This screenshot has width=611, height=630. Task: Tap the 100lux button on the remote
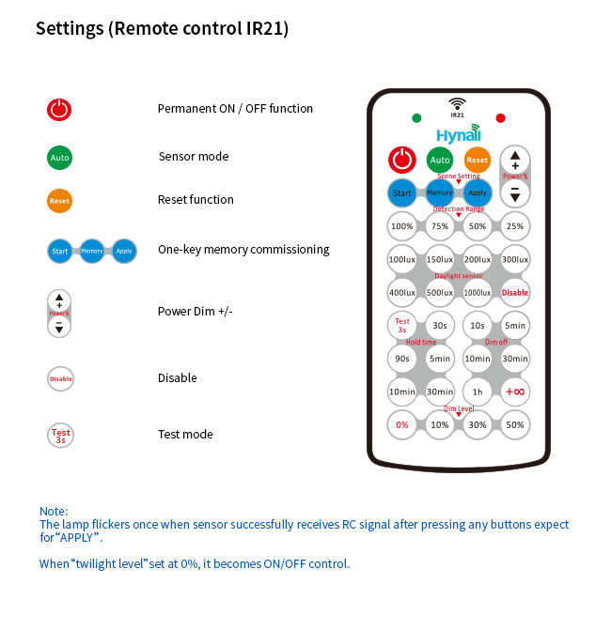tap(402, 259)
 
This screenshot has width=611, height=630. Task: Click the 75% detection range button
tap(440, 226)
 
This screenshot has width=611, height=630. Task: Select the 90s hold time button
tap(402, 358)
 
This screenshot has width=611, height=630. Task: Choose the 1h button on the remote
tap(478, 392)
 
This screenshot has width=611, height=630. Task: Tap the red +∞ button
tap(515, 392)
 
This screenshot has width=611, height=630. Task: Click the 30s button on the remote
tap(440, 325)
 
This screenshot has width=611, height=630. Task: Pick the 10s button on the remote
tap(478, 325)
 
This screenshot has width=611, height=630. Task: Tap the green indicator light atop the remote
tap(416, 118)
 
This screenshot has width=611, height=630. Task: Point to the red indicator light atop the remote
tap(500, 118)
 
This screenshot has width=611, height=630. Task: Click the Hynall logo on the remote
tap(458, 134)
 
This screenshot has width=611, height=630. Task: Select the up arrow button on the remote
tap(515, 159)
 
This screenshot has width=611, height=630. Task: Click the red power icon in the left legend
tap(59, 109)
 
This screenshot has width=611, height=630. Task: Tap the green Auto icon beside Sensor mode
tap(59, 157)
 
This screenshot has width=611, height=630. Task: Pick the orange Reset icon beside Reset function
tap(59, 200)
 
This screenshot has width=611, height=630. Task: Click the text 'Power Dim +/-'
tap(195, 312)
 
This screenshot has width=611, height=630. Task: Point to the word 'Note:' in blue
tap(54, 511)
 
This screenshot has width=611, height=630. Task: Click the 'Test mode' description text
tap(185, 434)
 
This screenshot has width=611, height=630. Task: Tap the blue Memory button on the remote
tap(440, 192)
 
